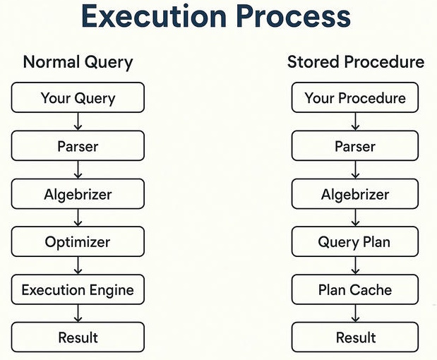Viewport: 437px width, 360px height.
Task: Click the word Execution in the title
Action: click(x=154, y=16)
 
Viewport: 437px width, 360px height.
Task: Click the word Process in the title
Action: click(x=294, y=16)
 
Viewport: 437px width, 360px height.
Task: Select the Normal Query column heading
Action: click(x=78, y=62)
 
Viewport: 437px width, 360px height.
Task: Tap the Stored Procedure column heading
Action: click(x=356, y=61)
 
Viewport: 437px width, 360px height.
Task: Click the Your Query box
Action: click(x=78, y=97)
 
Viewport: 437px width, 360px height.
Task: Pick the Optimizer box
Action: click(x=78, y=241)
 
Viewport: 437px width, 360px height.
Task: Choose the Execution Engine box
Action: click(x=78, y=289)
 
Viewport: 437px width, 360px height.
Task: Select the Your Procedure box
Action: click(x=355, y=97)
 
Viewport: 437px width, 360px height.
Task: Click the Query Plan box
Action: click(x=355, y=241)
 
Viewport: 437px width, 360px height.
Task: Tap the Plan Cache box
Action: click(x=355, y=289)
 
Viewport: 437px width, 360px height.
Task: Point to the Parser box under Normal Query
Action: click(x=78, y=145)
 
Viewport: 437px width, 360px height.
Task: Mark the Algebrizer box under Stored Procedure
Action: click(x=355, y=194)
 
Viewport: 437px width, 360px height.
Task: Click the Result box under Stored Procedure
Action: click(x=355, y=337)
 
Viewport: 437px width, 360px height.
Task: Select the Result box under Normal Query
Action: click(x=78, y=337)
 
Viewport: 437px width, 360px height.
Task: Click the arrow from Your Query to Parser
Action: click(x=78, y=121)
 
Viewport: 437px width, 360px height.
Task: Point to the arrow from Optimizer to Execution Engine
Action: click(x=78, y=265)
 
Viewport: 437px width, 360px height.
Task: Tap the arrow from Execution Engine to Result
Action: click(x=78, y=313)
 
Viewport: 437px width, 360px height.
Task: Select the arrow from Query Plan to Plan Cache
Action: click(x=355, y=265)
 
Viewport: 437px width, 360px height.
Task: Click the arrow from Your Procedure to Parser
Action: click(x=355, y=121)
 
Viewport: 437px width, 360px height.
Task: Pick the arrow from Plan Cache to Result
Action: click(x=355, y=313)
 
